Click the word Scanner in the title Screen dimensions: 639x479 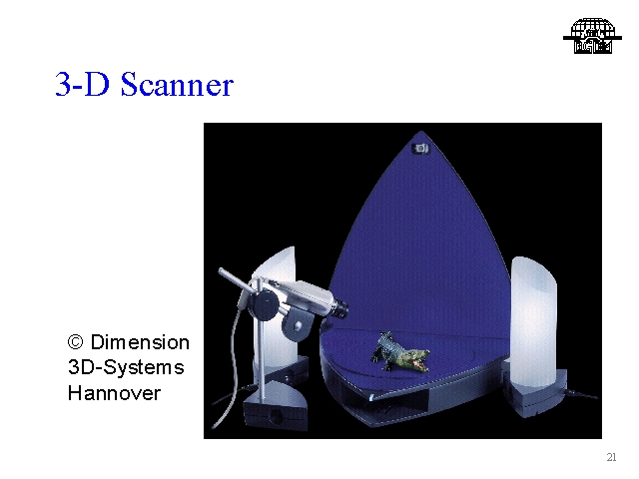pyautogui.click(x=177, y=84)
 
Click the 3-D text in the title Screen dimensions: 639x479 pyautogui.click(x=83, y=84)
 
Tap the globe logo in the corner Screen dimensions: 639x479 pyautogui.click(x=592, y=36)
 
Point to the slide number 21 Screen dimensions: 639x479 pyautogui.click(x=611, y=457)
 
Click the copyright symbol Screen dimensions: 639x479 pyautogui.click(x=76, y=342)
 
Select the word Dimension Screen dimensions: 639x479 pyautogui.click(x=140, y=341)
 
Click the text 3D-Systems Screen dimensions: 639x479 pyautogui.click(x=126, y=367)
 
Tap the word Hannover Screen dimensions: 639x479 pyautogui.click(x=114, y=393)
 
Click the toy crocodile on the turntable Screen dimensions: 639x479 pyautogui.click(x=399, y=352)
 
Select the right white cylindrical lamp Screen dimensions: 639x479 pyautogui.click(x=534, y=321)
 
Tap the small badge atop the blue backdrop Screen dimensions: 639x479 pyautogui.click(x=421, y=149)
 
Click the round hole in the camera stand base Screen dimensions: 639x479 pyautogui.click(x=278, y=417)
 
